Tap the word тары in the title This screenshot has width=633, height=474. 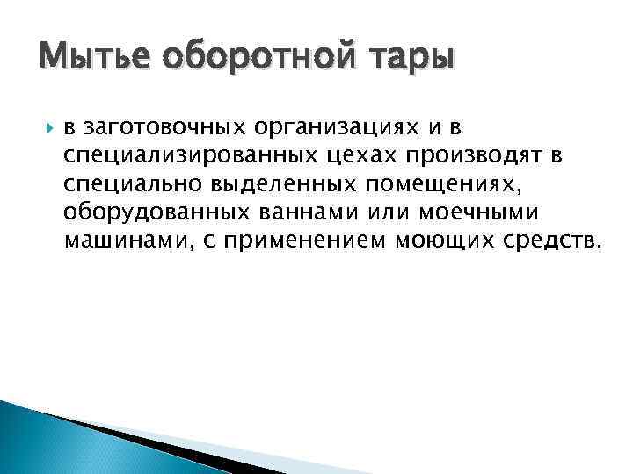[x=413, y=61]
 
